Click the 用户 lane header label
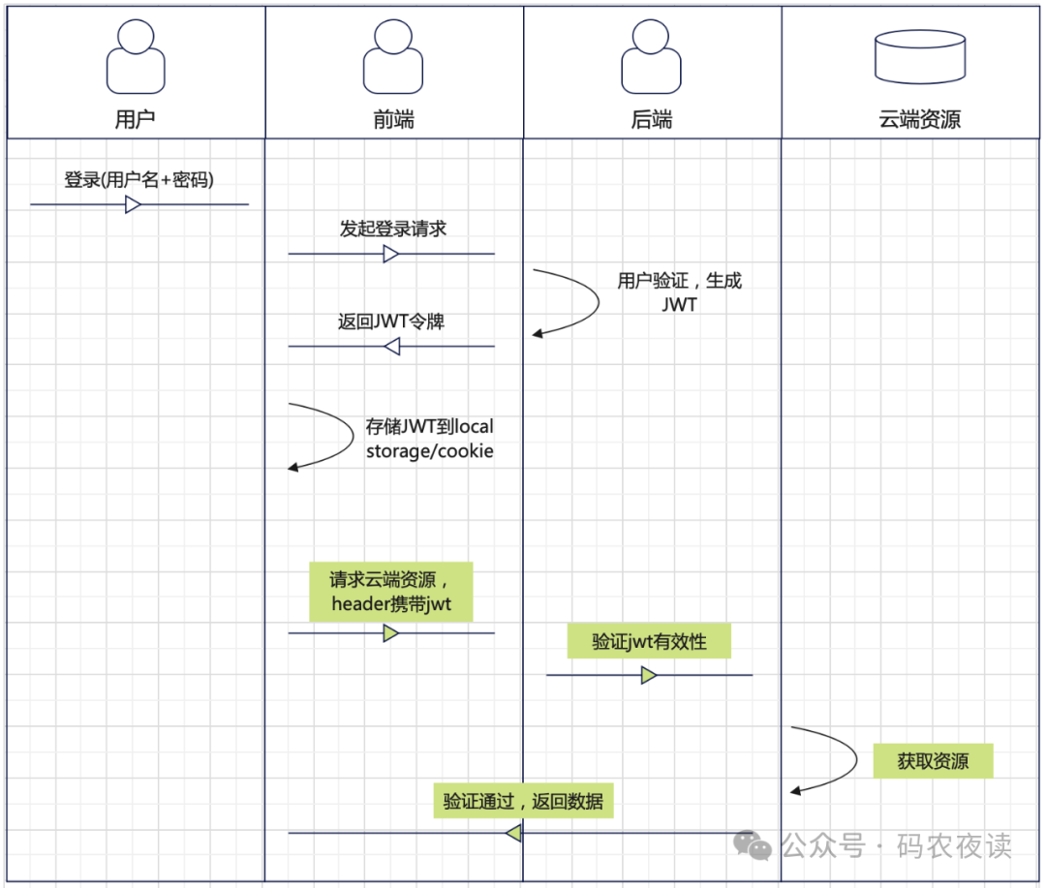point(135,119)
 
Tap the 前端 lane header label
point(393,119)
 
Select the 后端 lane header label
point(651,119)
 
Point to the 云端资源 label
point(919,119)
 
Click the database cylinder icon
point(919,56)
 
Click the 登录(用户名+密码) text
point(138,179)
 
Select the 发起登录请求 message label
point(392,229)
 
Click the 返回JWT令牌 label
point(390,322)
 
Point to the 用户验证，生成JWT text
point(679,291)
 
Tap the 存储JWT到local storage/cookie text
point(429,438)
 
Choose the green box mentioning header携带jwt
point(390,592)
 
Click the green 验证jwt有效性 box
point(649,641)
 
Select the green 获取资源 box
point(933,761)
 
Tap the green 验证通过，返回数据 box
point(523,801)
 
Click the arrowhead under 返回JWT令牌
point(391,346)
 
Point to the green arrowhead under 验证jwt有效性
point(649,675)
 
